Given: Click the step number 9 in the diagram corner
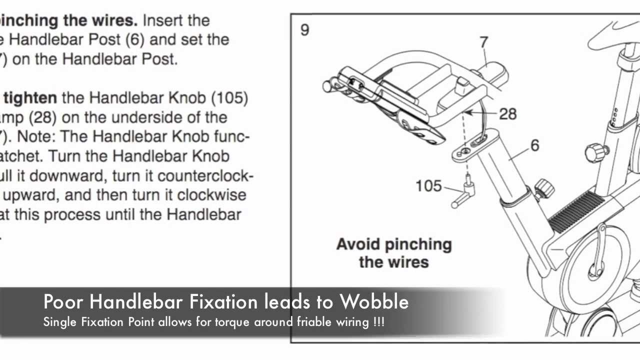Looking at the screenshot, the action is tap(304, 30).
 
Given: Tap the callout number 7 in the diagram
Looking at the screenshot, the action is tap(483, 42).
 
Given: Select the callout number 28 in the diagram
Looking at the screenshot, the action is tap(507, 114).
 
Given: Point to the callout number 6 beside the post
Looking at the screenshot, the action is tap(534, 145).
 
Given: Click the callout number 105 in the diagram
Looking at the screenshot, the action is tap(429, 186).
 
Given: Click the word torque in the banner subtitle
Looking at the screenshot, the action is tap(233, 322).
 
